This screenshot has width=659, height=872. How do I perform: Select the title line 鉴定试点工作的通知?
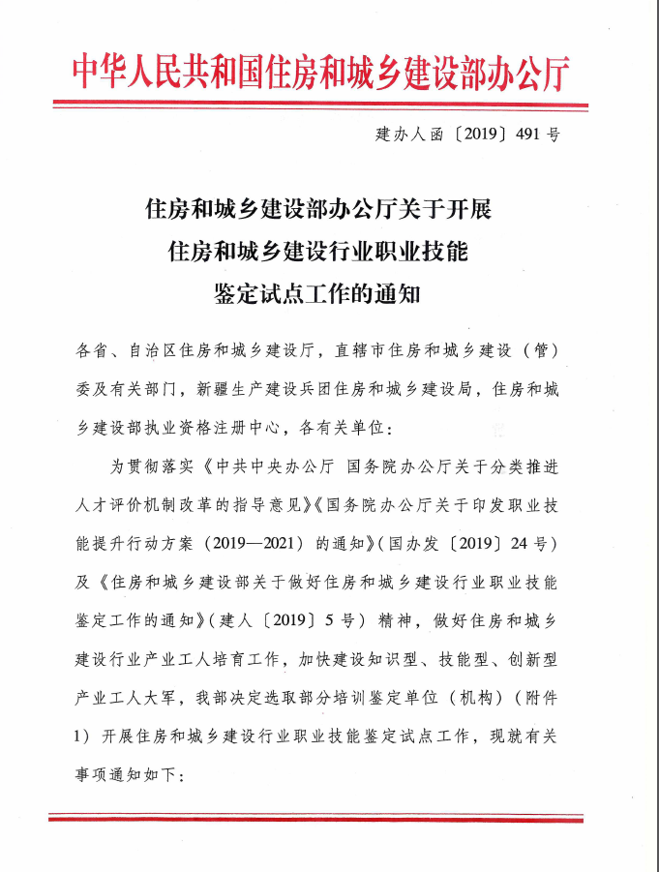coord(318,293)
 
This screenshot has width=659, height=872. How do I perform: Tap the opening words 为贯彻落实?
coord(145,466)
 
